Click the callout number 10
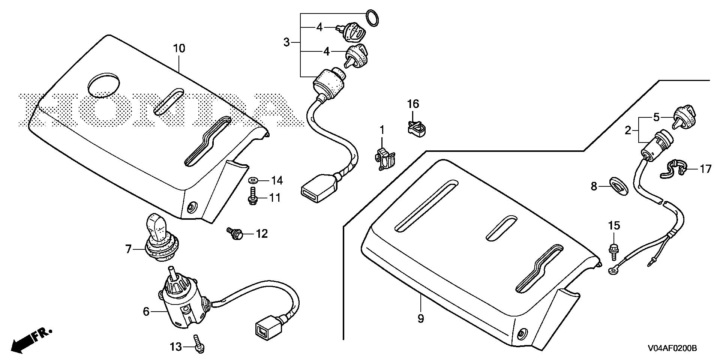[x=179, y=48]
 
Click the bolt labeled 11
[x=252, y=197]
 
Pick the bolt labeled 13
[x=199, y=343]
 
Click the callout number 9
[x=420, y=319]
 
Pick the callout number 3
[x=286, y=42]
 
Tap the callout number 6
[x=146, y=311]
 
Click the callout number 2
[x=628, y=131]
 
